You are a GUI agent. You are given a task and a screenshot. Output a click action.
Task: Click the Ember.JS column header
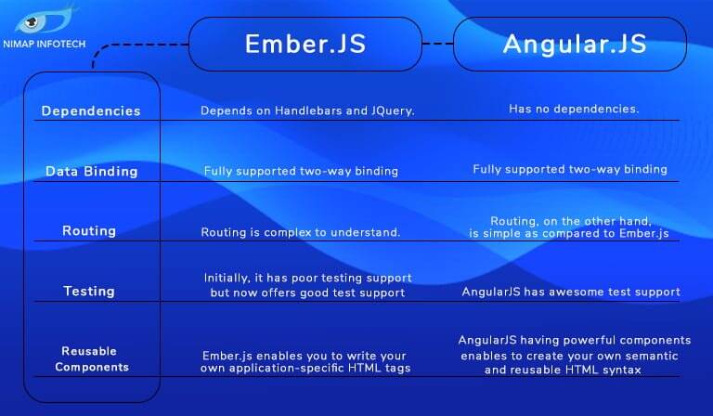point(305,45)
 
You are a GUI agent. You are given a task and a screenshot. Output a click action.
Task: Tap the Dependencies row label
point(91,111)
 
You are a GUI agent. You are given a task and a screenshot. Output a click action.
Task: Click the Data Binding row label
point(91,172)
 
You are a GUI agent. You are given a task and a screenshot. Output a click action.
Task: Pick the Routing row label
point(89,231)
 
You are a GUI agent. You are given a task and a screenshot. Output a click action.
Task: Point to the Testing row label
point(89,292)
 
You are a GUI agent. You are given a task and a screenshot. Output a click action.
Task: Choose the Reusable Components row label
point(91,359)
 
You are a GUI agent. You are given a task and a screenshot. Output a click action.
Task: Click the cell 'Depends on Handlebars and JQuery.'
point(307,111)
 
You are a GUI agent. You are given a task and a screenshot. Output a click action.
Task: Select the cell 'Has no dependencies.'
point(574,110)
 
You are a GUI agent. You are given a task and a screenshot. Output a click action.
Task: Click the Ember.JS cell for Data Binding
point(301,171)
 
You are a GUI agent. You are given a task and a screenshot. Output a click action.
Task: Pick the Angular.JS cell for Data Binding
point(570,170)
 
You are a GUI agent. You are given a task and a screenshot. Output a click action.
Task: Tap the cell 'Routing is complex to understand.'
point(301,232)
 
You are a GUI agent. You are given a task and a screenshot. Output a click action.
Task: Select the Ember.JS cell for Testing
point(307,286)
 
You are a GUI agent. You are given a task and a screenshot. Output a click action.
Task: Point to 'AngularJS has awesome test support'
point(571,292)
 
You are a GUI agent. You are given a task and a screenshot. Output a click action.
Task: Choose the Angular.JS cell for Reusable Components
point(575,355)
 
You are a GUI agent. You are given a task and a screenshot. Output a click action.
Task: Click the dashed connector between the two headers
point(437,44)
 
